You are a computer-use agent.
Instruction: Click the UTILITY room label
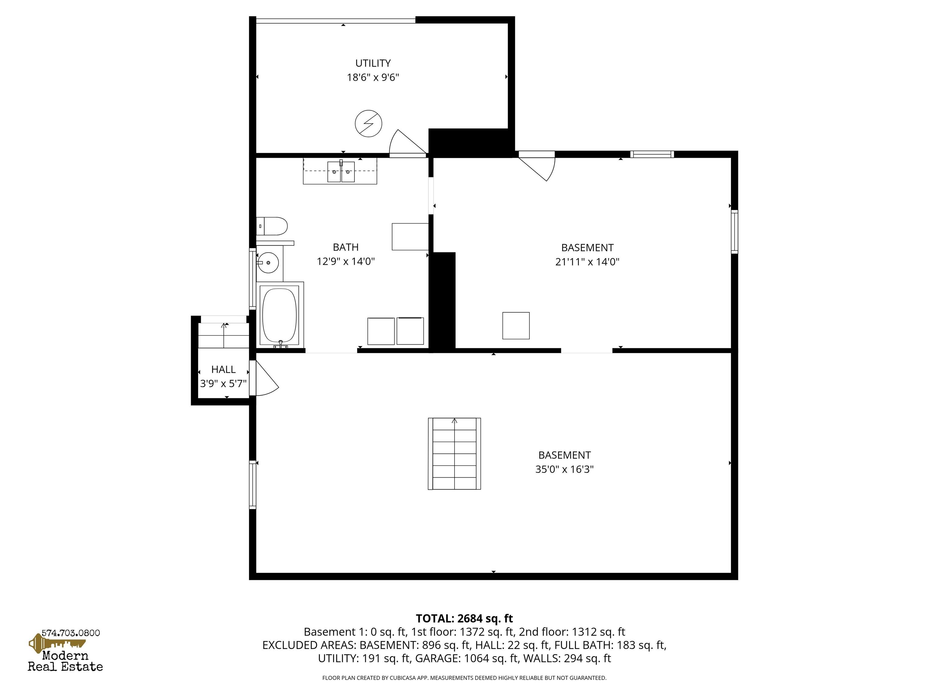[373, 63]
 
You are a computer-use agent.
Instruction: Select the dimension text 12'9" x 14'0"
[345, 261]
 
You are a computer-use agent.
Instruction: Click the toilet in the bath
[272, 226]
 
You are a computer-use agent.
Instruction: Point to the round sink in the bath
[268, 263]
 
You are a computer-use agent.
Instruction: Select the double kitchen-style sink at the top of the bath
[341, 172]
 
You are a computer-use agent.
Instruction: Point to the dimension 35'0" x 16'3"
[564, 469]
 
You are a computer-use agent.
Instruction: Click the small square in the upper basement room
[516, 326]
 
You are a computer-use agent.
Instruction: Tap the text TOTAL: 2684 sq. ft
[464, 618]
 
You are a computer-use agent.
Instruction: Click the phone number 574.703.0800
[70, 633]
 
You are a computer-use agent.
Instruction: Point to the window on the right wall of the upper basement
[734, 231]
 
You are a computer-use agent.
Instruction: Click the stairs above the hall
[223, 335]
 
